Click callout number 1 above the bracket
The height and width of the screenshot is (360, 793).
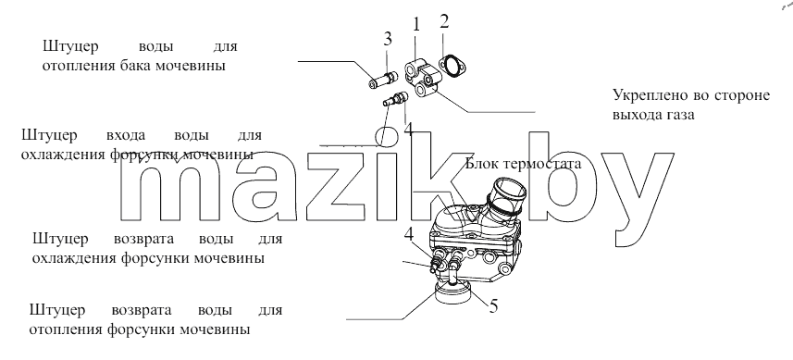point(416,25)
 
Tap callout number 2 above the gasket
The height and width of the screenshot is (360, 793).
point(444,21)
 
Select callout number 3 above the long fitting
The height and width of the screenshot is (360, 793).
point(388,38)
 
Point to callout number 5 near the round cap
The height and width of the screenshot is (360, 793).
point(493,306)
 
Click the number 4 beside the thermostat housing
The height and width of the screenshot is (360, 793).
point(408,234)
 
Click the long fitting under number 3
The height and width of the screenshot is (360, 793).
point(383,80)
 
